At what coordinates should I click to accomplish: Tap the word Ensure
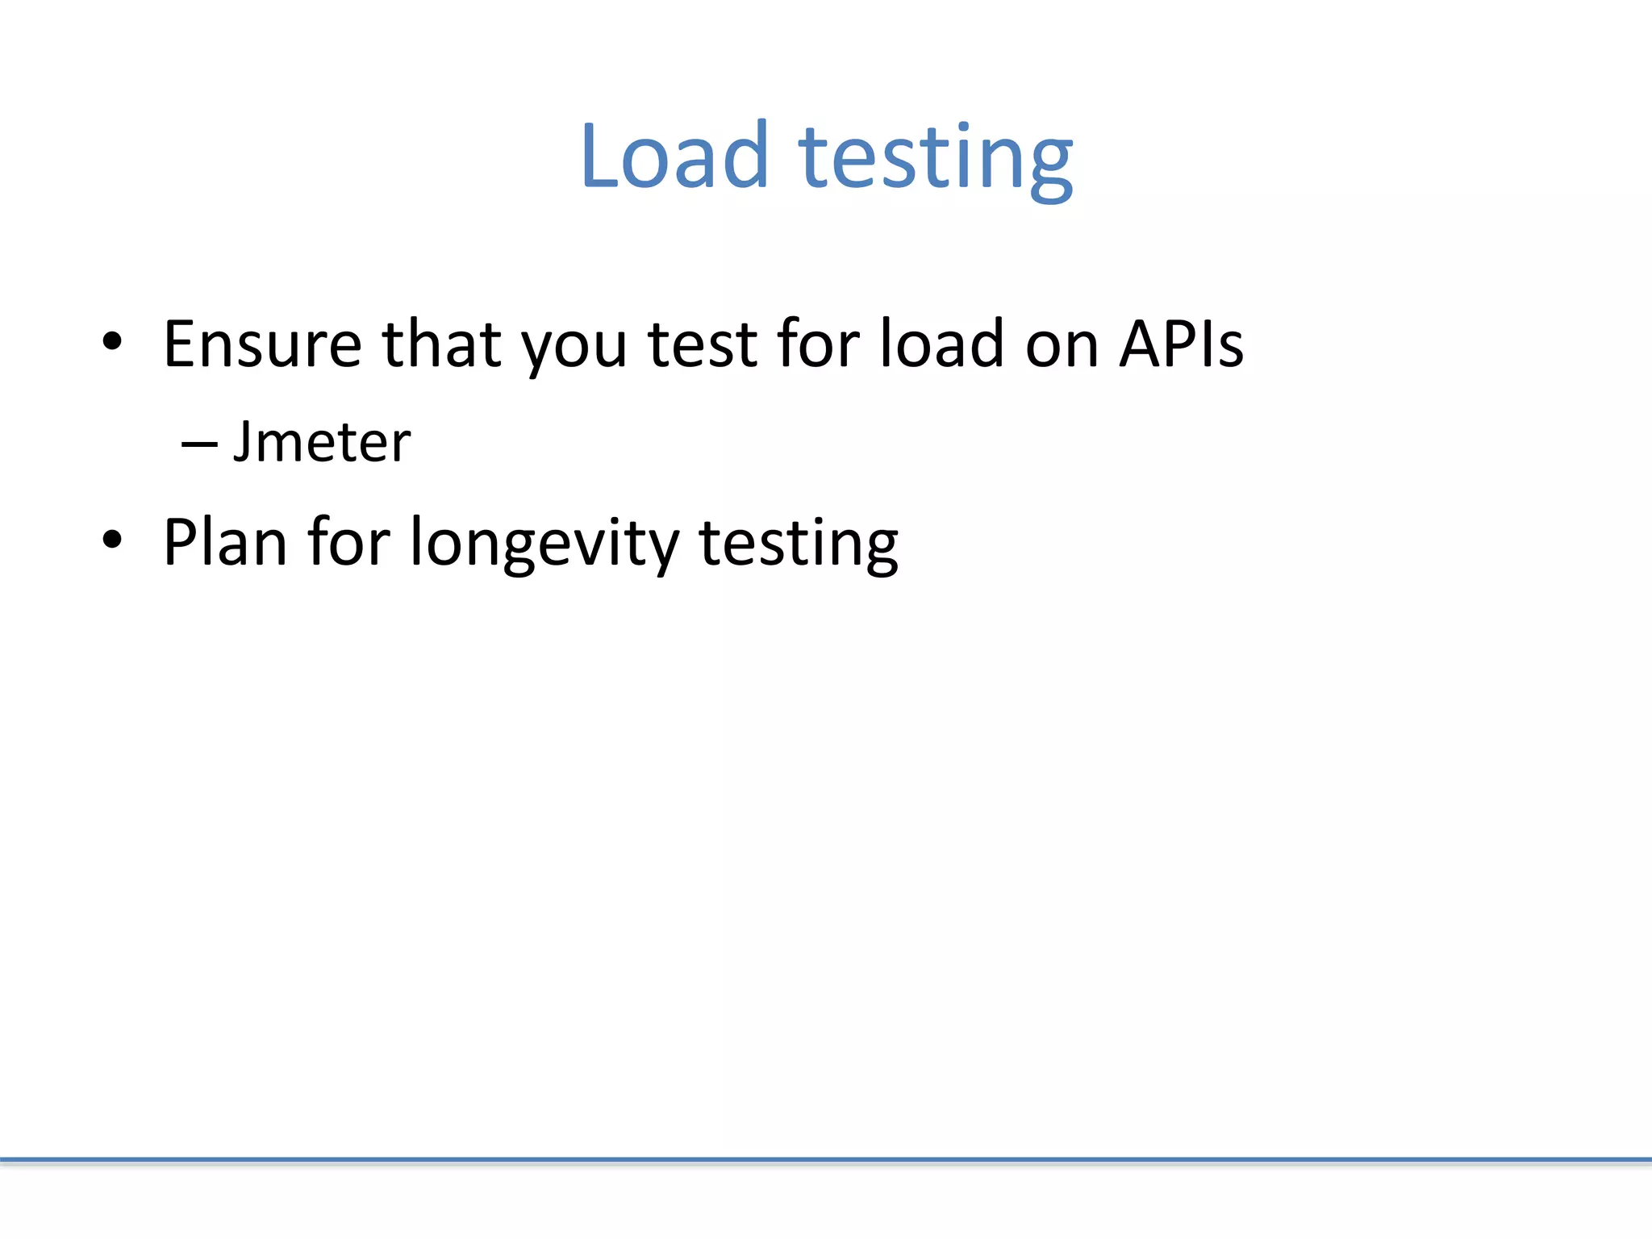tap(262, 344)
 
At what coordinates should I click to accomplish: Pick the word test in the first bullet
tap(703, 344)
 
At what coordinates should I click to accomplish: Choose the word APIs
tap(1181, 344)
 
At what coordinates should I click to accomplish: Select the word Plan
tap(225, 542)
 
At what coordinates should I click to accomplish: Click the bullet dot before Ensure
tap(112, 341)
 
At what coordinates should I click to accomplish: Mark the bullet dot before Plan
tap(112, 539)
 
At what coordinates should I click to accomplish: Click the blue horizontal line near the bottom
tap(826, 1161)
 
